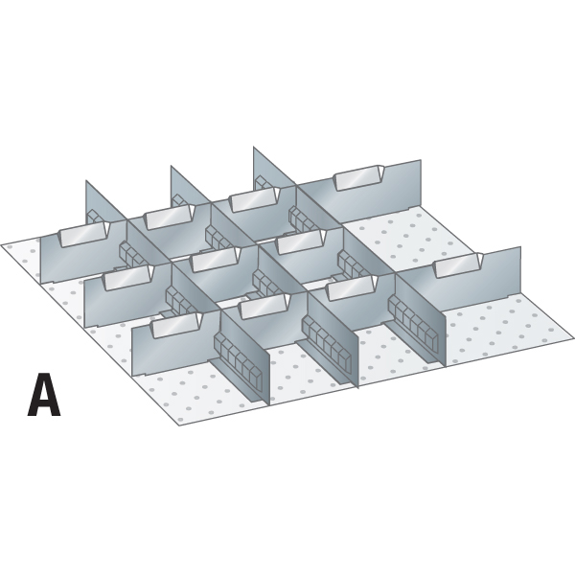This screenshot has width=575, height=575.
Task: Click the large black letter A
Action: tap(44, 395)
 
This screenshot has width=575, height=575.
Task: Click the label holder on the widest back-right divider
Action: tap(359, 178)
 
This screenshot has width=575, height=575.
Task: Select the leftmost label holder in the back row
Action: tap(84, 234)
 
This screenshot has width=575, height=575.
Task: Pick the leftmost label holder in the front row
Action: tap(177, 326)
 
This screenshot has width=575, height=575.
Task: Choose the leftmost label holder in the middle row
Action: tap(128, 278)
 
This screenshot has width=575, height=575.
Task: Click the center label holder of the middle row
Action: tap(217, 260)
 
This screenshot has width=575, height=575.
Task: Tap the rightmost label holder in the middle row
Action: tap(301, 242)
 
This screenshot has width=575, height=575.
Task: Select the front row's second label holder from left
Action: tap(264, 307)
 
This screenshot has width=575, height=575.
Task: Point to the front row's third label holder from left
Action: tap(352, 287)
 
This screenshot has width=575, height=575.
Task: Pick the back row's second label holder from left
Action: tap(170, 216)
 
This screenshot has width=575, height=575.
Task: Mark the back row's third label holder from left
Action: tap(255, 199)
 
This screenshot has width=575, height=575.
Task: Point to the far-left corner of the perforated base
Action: tap(1, 245)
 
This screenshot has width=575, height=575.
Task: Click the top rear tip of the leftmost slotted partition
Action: tap(86, 180)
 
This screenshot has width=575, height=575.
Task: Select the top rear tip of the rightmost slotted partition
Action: tap(253, 147)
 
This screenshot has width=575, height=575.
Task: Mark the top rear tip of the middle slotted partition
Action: tap(171, 166)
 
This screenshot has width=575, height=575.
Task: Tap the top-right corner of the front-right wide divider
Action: tap(520, 247)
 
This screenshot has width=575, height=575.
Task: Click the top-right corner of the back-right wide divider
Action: tap(421, 160)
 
